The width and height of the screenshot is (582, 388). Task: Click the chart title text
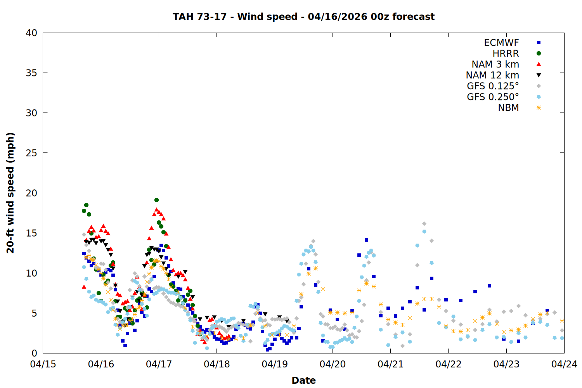303,17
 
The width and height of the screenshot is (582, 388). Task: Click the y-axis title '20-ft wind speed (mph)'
10,193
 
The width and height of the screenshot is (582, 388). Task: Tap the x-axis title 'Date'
303,380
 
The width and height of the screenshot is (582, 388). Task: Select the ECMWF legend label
501,43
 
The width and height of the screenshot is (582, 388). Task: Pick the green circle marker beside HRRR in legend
539,54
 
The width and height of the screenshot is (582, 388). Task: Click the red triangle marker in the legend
539,64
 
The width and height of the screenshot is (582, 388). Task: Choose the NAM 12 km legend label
492,75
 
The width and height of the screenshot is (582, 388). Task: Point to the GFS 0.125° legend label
493,86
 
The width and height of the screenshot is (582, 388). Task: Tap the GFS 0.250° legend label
493,97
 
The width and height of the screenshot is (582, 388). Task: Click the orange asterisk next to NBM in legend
539,108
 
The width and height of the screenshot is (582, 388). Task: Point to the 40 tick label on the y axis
31,33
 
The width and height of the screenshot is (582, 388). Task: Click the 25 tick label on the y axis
31,153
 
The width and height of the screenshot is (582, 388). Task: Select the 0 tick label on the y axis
34,353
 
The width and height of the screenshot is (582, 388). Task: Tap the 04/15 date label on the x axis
43,364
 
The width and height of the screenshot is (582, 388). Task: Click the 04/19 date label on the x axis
275,364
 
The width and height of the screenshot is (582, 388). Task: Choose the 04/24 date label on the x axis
564,364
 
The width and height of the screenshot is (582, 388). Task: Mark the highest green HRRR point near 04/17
156,200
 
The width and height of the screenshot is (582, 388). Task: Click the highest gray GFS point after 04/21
424,224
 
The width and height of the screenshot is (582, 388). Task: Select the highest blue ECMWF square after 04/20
366,240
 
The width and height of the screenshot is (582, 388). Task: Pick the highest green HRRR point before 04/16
86,205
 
